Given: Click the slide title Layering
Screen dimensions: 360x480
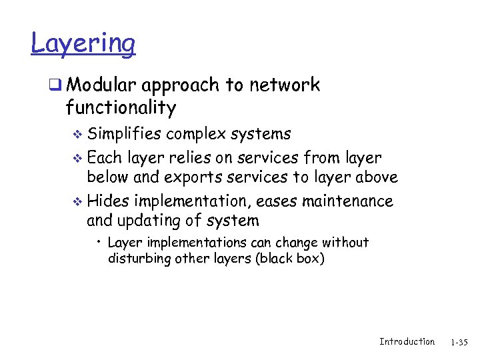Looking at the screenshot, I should (x=83, y=45).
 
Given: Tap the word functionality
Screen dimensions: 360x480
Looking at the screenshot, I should (x=121, y=108).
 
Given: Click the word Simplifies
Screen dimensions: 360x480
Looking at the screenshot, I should (x=125, y=134).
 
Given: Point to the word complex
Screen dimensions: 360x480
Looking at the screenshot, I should (x=195, y=134).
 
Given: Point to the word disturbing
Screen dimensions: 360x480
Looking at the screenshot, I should (x=139, y=258).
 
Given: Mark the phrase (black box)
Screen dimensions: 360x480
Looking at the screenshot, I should (x=289, y=258).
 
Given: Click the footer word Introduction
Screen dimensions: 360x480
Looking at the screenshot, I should (x=407, y=342).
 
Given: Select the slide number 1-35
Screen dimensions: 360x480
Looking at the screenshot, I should (x=459, y=343).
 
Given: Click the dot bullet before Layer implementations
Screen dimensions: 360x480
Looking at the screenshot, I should (x=99, y=243).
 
